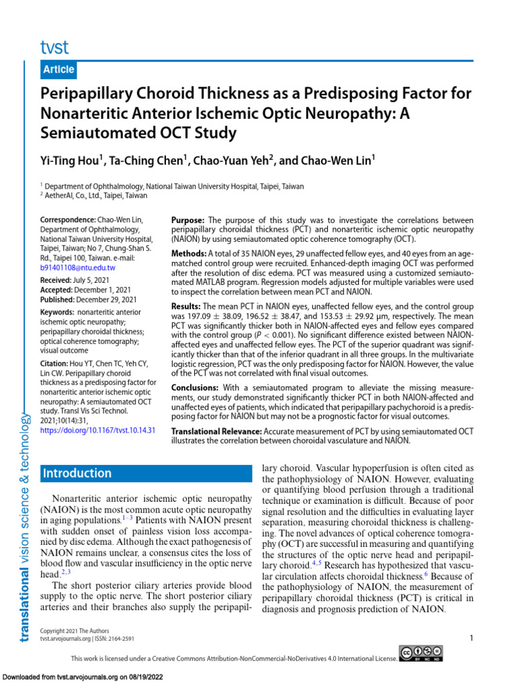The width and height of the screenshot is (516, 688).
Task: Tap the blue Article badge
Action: click(x=58, y=70)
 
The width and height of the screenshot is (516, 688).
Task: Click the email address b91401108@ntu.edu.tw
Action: click(x=78, y=267)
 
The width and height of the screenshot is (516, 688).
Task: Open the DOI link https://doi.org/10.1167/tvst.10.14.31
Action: click(x=98, y=429)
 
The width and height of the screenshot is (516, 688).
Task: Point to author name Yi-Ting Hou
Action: click(x=72, y=161)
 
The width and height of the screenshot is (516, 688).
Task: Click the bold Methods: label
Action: click(x=189, y=253)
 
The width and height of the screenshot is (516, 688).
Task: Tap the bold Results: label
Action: click(x=186, y=306)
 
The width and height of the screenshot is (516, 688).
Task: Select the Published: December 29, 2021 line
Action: click(x=88, y=299)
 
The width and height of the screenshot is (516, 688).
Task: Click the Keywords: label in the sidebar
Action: click(x=57, y=312)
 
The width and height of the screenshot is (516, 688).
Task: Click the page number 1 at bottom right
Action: click(x=472, y=638)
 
